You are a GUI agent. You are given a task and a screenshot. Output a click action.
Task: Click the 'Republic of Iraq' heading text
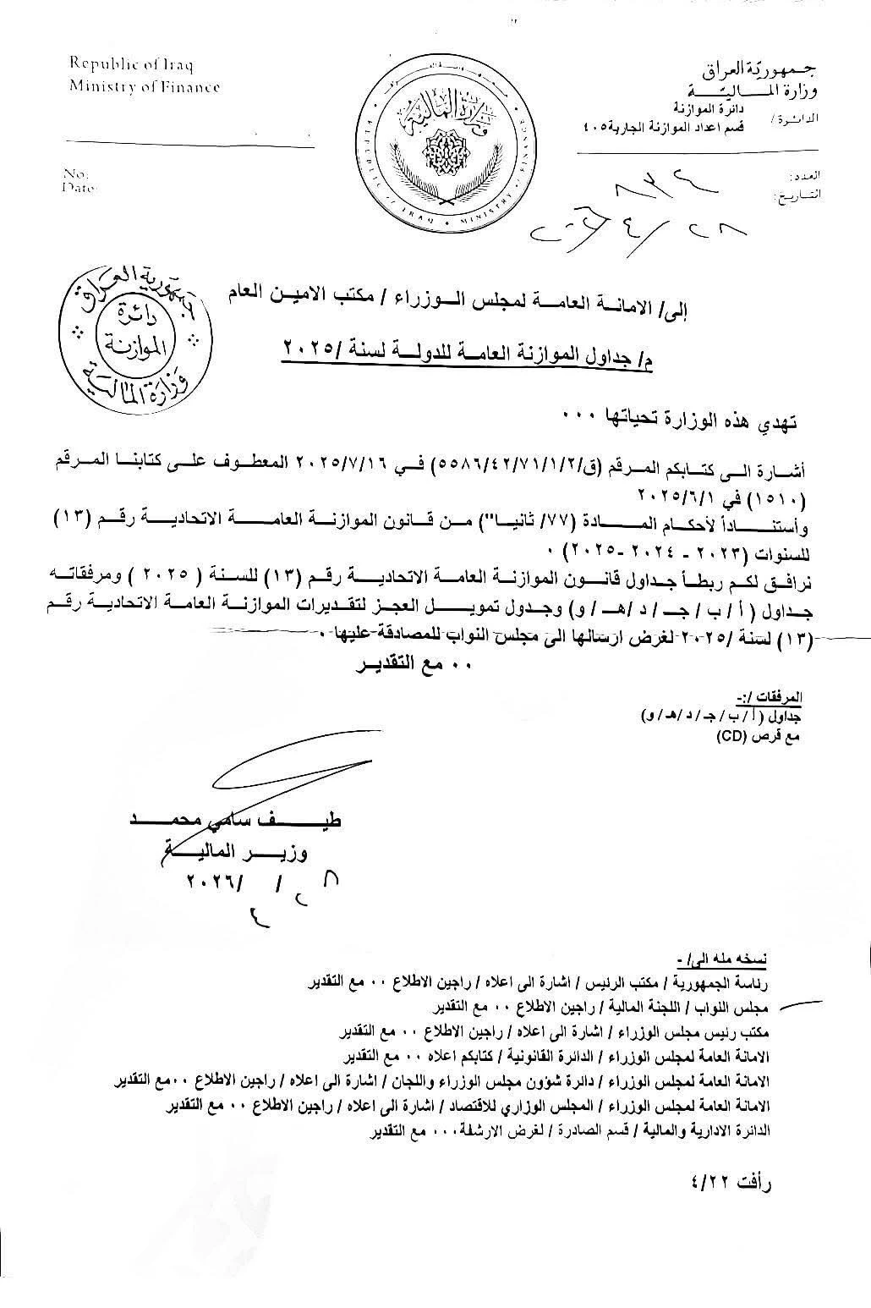pos(129,63)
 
